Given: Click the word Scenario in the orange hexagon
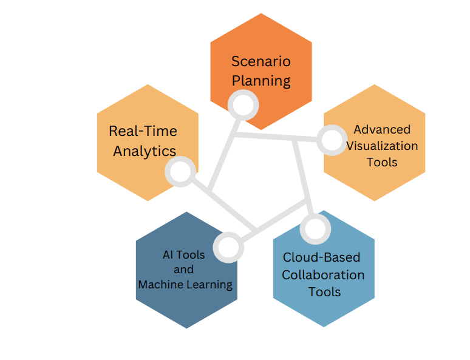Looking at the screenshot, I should (x=261, y=61).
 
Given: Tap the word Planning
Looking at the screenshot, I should (x=261, y=81).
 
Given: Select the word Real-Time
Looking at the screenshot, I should (x=143, y=131).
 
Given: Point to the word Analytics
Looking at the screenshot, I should (x=145, y=151).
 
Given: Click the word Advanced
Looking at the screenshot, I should (x=382, y=129).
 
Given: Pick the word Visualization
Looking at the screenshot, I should (x=382, y=146).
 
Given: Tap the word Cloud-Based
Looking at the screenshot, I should (x=321, y=257).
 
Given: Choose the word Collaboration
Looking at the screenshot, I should (x=324, y=274).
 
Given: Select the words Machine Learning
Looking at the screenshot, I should (x=185, y=284).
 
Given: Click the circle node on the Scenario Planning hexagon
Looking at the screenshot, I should (x=243, y=105).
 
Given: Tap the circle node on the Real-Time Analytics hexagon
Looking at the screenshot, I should (x=180, y=172).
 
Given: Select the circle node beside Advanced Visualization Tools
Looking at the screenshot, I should (x=332, y=140).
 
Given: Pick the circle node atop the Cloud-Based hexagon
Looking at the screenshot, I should (x=315, y=229).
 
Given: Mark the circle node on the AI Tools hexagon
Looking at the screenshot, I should (x=229, y=247).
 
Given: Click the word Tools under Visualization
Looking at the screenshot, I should (x=382, y=162).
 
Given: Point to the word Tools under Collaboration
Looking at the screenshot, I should (x=324, y=292).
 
